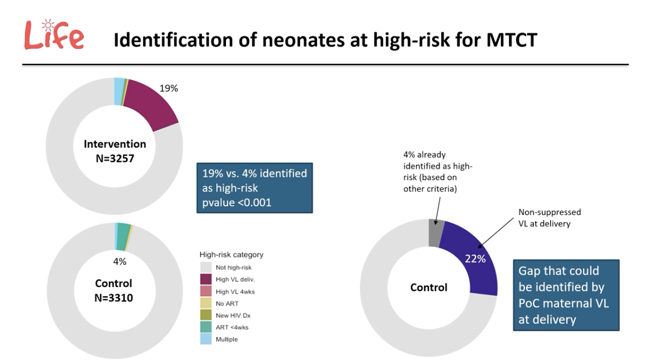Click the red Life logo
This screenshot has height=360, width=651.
tap(54, 35)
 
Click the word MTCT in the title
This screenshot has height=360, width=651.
tap(512, 40)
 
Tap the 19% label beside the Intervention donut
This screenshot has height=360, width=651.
tap(169, 88)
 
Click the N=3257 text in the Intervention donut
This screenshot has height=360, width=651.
tap(115, 158)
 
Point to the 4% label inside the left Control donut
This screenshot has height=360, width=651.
tap(119, 262)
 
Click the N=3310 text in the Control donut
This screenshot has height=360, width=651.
tap(114, 297)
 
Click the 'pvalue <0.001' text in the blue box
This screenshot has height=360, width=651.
tap(237, 203)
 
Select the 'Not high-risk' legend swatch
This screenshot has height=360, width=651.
tap(206, 268)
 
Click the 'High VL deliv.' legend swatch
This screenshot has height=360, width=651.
tap(206, 279)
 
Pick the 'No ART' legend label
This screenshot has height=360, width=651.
tap(227, 304)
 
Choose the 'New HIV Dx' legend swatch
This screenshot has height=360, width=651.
tap(206, 315)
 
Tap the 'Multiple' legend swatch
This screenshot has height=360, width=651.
tap(206, 339)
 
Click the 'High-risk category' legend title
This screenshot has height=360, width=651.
tap(231, 255)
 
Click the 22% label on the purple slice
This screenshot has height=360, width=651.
tap(475, 258)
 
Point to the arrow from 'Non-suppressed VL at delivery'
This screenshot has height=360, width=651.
tap(495, 233)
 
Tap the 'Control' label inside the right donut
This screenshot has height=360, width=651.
tap(429, 288)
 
